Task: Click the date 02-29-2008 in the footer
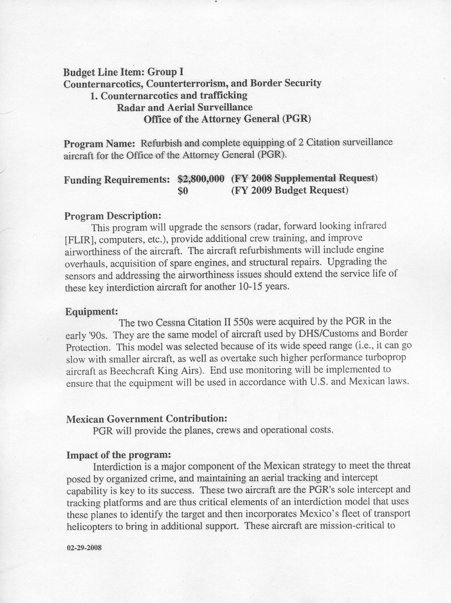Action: [84, 547]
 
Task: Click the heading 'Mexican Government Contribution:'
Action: [146, 419]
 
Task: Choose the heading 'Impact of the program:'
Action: [118, 455]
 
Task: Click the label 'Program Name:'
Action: [100, 144]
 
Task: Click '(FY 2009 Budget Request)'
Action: [289, 191]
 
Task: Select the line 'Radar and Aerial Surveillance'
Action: [185, 107]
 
